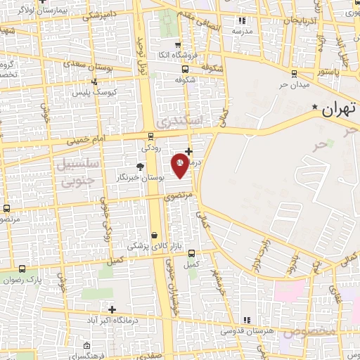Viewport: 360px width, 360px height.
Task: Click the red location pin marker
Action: [x=179, y=164]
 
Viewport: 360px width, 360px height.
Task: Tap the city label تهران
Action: [x=340, y=110]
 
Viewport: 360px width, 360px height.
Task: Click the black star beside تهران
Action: [x=315, y=107]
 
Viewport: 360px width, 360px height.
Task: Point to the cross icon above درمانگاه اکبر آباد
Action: [x=112, y=309]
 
